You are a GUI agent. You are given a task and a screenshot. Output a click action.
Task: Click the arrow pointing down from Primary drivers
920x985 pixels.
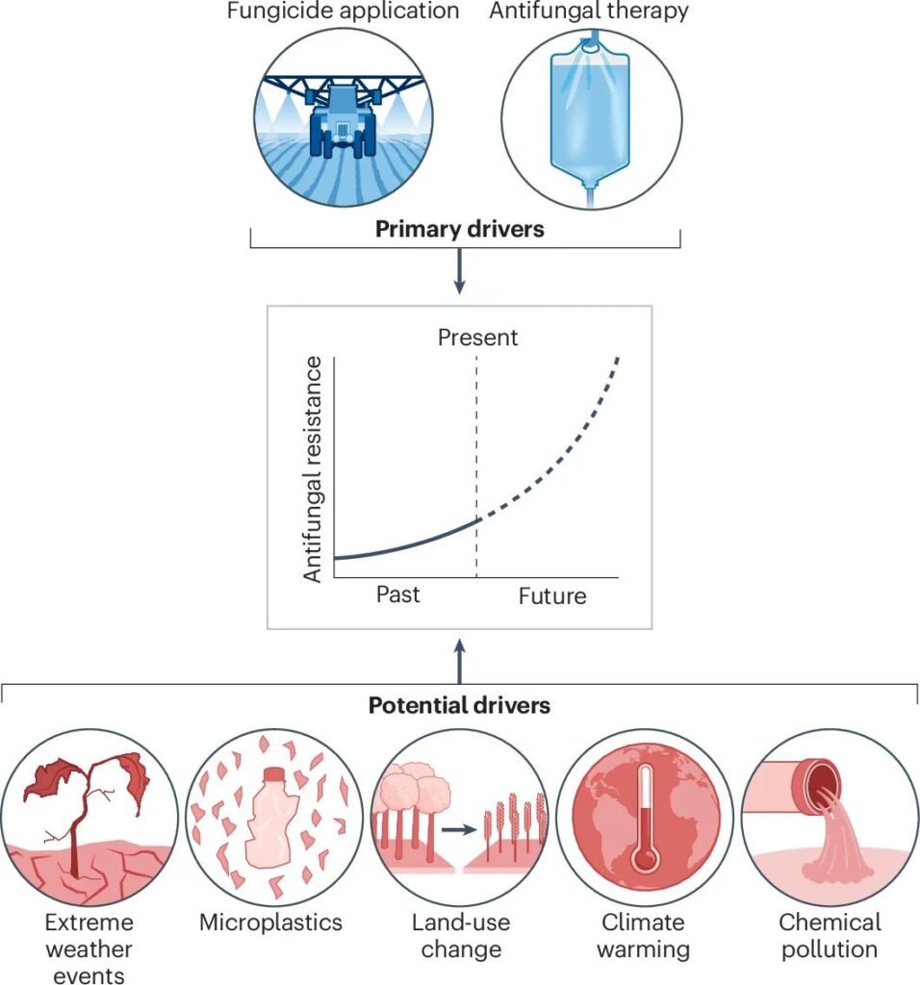click(x=459, y=274)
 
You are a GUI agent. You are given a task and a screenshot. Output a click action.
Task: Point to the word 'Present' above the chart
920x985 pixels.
click(x=477, y=338)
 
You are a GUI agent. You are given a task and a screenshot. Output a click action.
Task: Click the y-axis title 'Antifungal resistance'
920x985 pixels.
click(x=313, y=468)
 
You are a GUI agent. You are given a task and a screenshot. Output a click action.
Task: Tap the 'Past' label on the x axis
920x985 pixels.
click(x=398, y=594)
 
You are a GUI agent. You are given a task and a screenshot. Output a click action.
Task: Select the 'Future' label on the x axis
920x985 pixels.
click(x=552, y=596)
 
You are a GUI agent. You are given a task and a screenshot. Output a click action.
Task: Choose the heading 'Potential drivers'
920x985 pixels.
click(x=459, y=705)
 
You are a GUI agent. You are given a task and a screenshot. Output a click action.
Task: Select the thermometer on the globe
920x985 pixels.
click(x=644, y=822)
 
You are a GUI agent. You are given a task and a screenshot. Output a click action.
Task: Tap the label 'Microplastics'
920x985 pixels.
click(x=270, y=922)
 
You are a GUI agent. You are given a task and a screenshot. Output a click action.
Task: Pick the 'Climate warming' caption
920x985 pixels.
click(x=644, y=936)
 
